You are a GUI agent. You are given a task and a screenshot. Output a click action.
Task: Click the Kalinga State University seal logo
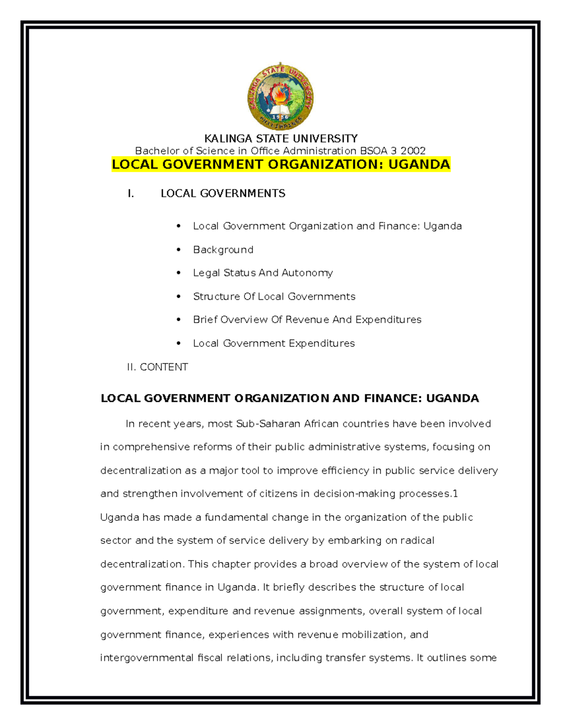[280, 97]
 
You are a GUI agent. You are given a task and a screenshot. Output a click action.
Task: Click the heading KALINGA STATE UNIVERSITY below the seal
[280, 139]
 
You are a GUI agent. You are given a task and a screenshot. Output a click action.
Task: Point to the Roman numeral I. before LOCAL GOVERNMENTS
[131, 194]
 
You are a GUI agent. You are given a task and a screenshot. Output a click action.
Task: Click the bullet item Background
[223, 250]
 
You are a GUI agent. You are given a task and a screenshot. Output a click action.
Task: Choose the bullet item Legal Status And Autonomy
[263, 273]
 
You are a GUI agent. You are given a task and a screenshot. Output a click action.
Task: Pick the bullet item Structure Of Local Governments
[274, 296]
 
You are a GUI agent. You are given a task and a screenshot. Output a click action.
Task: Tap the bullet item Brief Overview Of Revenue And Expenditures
[307, 320]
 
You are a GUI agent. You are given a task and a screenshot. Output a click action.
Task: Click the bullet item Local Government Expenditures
[273, 344]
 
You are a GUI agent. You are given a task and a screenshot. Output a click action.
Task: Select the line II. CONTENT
[158, 367]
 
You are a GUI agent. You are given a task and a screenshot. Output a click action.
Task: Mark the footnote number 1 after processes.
[455, 494]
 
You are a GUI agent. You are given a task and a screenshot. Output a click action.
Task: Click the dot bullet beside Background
[179, 250]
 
